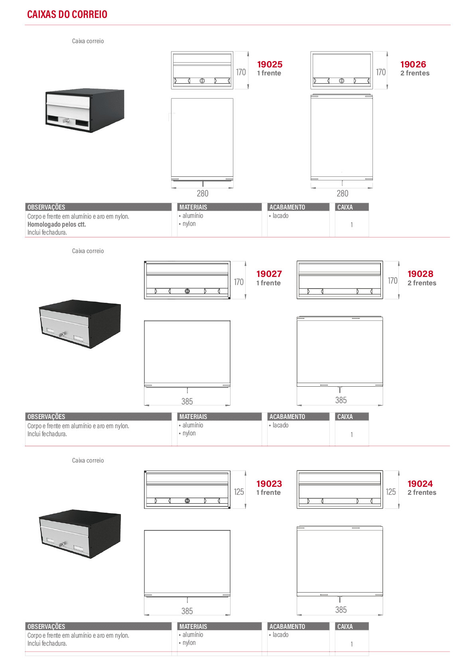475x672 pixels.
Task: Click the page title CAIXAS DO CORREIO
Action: point(67,14)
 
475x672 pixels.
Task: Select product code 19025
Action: point(270,64)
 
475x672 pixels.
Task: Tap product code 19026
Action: point(413,64)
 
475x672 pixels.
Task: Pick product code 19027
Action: point(269,274)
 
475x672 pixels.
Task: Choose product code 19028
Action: point(420,274)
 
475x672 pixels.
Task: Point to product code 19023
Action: point(269,483)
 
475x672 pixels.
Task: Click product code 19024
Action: point(420,483)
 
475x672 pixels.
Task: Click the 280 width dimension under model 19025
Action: point(203,194)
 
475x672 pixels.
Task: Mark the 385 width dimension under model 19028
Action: point(341,400)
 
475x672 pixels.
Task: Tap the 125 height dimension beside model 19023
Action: point(239,492)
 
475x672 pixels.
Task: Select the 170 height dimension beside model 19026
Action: point(381,72)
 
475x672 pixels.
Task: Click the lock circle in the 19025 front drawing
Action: point(202,81)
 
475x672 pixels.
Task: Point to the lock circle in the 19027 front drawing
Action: point(187,291)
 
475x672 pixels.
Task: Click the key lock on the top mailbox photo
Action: point(66,121)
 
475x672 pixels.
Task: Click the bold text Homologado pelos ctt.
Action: point(57,224)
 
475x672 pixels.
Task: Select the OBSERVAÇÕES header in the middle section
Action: point(46,417)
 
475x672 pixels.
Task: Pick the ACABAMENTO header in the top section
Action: point(287,207)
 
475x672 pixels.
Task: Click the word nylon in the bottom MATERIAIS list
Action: point(189,642)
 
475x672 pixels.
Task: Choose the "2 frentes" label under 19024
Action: point(422,492)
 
